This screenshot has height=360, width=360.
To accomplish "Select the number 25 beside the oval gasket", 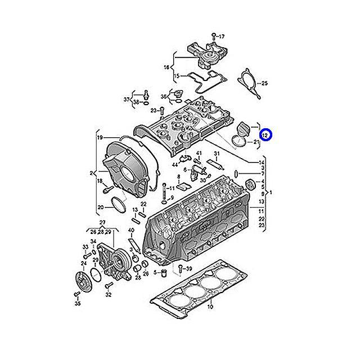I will [x=265, y=83].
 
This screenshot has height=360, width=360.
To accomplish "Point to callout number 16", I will [x=166, y=67].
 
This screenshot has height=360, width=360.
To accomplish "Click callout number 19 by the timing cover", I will [x=99, y=138].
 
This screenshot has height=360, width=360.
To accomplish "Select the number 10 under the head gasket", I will [x=210, y=308].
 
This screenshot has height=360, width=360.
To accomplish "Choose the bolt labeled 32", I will [x=108, y=286].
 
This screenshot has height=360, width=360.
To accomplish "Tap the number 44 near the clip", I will [x=175, y=165].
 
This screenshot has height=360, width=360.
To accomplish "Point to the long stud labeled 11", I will [x=163, y=192].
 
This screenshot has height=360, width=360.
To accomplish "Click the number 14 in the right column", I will [x=262, y=163].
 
